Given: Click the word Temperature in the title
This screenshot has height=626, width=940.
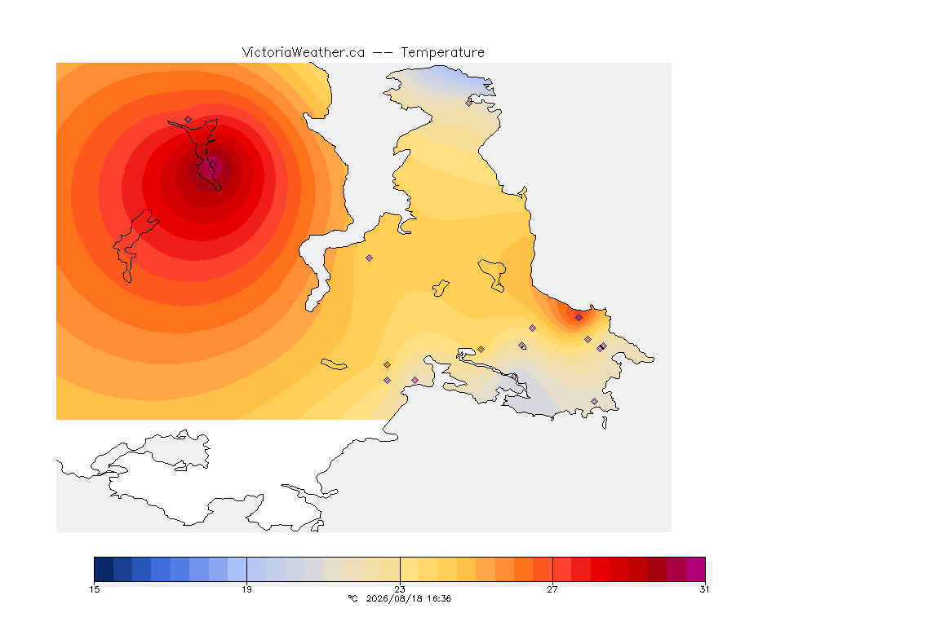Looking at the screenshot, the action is tap(442, 53).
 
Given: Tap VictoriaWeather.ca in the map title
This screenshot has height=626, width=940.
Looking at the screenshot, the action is tap(304, 52).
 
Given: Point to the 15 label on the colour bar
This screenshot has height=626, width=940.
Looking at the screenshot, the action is tap(94, 589).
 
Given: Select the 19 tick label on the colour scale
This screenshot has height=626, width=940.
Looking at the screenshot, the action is tap(246, 589).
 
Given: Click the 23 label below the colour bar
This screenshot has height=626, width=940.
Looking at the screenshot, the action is tap(399, 589).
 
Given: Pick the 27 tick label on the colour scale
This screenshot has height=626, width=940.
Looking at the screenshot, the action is tap(552, 589).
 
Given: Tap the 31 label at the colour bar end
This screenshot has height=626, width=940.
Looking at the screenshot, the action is tap(704, 589).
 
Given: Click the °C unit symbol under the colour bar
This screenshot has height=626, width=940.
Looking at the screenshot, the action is tap(352, 598).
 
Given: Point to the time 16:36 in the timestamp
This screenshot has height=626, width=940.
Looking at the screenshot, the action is tap(439, 598).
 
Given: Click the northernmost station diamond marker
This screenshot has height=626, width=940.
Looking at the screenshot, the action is tap(469, 103).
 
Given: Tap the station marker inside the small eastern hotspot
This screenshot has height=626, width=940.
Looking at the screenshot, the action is tap(579, 318).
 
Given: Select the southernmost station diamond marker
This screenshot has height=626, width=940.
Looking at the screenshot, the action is tap(594, 401).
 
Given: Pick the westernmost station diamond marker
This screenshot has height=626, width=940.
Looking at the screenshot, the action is tap(188, 119).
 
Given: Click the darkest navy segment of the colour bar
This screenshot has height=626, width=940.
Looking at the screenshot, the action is tap(104, 569).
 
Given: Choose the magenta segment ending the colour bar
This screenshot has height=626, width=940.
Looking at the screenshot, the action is tap(695, 569).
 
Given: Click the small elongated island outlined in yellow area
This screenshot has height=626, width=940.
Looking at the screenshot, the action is tap(334, 364).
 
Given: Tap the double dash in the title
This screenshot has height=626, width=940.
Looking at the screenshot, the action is tap(383, 53).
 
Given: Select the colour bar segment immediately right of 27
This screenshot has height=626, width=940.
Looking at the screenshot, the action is tap(561, 569).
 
